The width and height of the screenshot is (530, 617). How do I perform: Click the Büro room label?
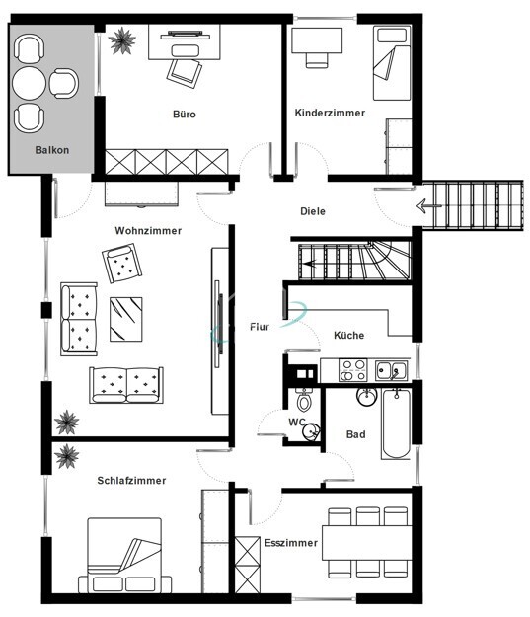tap(184, 115)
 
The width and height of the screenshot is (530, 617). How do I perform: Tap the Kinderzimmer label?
tap(330, 113)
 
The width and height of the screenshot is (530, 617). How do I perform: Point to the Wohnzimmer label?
tap(148, 230)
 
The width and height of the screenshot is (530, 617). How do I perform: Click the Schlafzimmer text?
tap(131, 481)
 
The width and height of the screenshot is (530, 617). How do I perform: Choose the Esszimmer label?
tap(291, 543)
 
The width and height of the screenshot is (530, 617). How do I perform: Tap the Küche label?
tap(348, 335)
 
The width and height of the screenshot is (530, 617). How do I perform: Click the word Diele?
tap(313, 211)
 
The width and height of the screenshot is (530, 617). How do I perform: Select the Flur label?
tap(261, 325)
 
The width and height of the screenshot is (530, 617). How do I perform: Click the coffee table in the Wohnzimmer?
tap(126, 317)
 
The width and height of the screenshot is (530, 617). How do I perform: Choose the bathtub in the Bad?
tap(397, 423)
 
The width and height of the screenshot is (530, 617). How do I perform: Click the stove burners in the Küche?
tap(353, 370)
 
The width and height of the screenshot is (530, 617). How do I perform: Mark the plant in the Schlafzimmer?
tap(67, 456)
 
